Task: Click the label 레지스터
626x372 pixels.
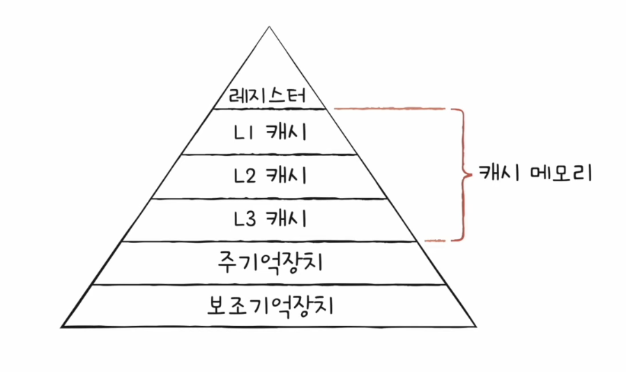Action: (x=268, y=96)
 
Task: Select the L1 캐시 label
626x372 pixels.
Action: (x=270, y=132)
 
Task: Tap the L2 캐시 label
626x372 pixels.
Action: (x=270, y=176)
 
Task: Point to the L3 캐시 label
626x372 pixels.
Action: (x=270, y=218)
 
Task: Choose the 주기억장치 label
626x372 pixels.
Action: (x=270, y=263)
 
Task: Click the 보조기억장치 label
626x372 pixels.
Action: (x=270, y=306)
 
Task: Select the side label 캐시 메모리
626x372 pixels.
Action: (x=535, y=173)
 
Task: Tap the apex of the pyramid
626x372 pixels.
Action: (x=269, y=26)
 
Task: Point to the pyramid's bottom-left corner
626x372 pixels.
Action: (x=61, y=327)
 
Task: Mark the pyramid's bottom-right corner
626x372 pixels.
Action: (x=476, y=327)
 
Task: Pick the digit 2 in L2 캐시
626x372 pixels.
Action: (x=250, y=176)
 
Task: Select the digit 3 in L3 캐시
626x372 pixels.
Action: (x=250, y=219)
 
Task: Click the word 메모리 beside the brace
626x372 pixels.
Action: (x=562, y=173)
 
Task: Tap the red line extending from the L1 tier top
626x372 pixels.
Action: (x=389, y=108)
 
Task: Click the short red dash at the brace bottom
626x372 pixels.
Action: (x=435, y=240)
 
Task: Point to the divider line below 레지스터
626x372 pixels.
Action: (x=270, y=109)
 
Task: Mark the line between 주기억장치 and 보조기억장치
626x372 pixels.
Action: (x=268, y=284)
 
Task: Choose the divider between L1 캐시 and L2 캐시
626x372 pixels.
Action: (x=270, y=154)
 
